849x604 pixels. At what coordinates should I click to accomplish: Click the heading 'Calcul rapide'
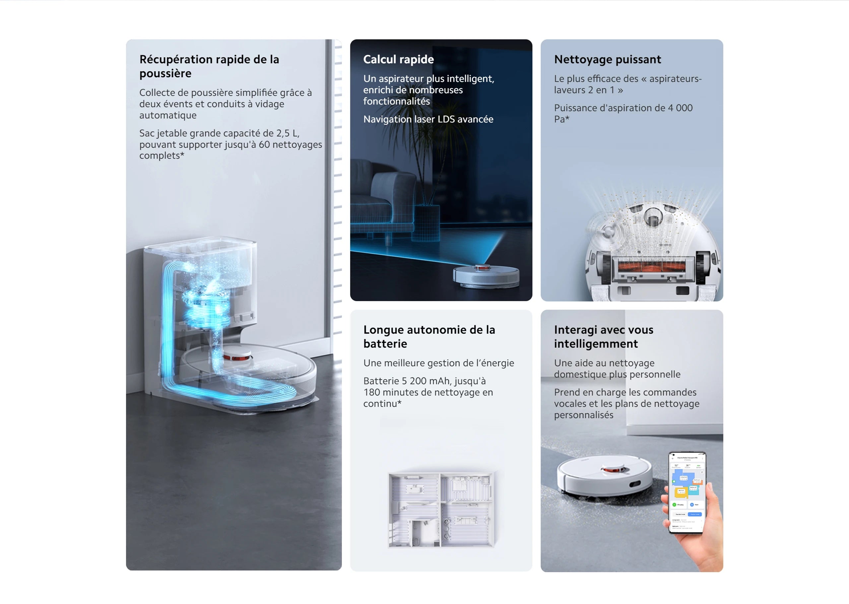click(398, 59)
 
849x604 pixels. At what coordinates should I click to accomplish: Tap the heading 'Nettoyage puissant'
click(607, 59)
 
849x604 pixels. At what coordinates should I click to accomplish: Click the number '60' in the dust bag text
click(264, 144)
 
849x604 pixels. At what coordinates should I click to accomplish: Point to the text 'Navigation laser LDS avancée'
click(428, 119)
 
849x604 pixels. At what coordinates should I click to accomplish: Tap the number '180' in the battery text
click(371, 392)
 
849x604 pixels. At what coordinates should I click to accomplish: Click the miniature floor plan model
click(441, 509)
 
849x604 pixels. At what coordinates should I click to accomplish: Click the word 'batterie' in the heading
click(385, 344)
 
